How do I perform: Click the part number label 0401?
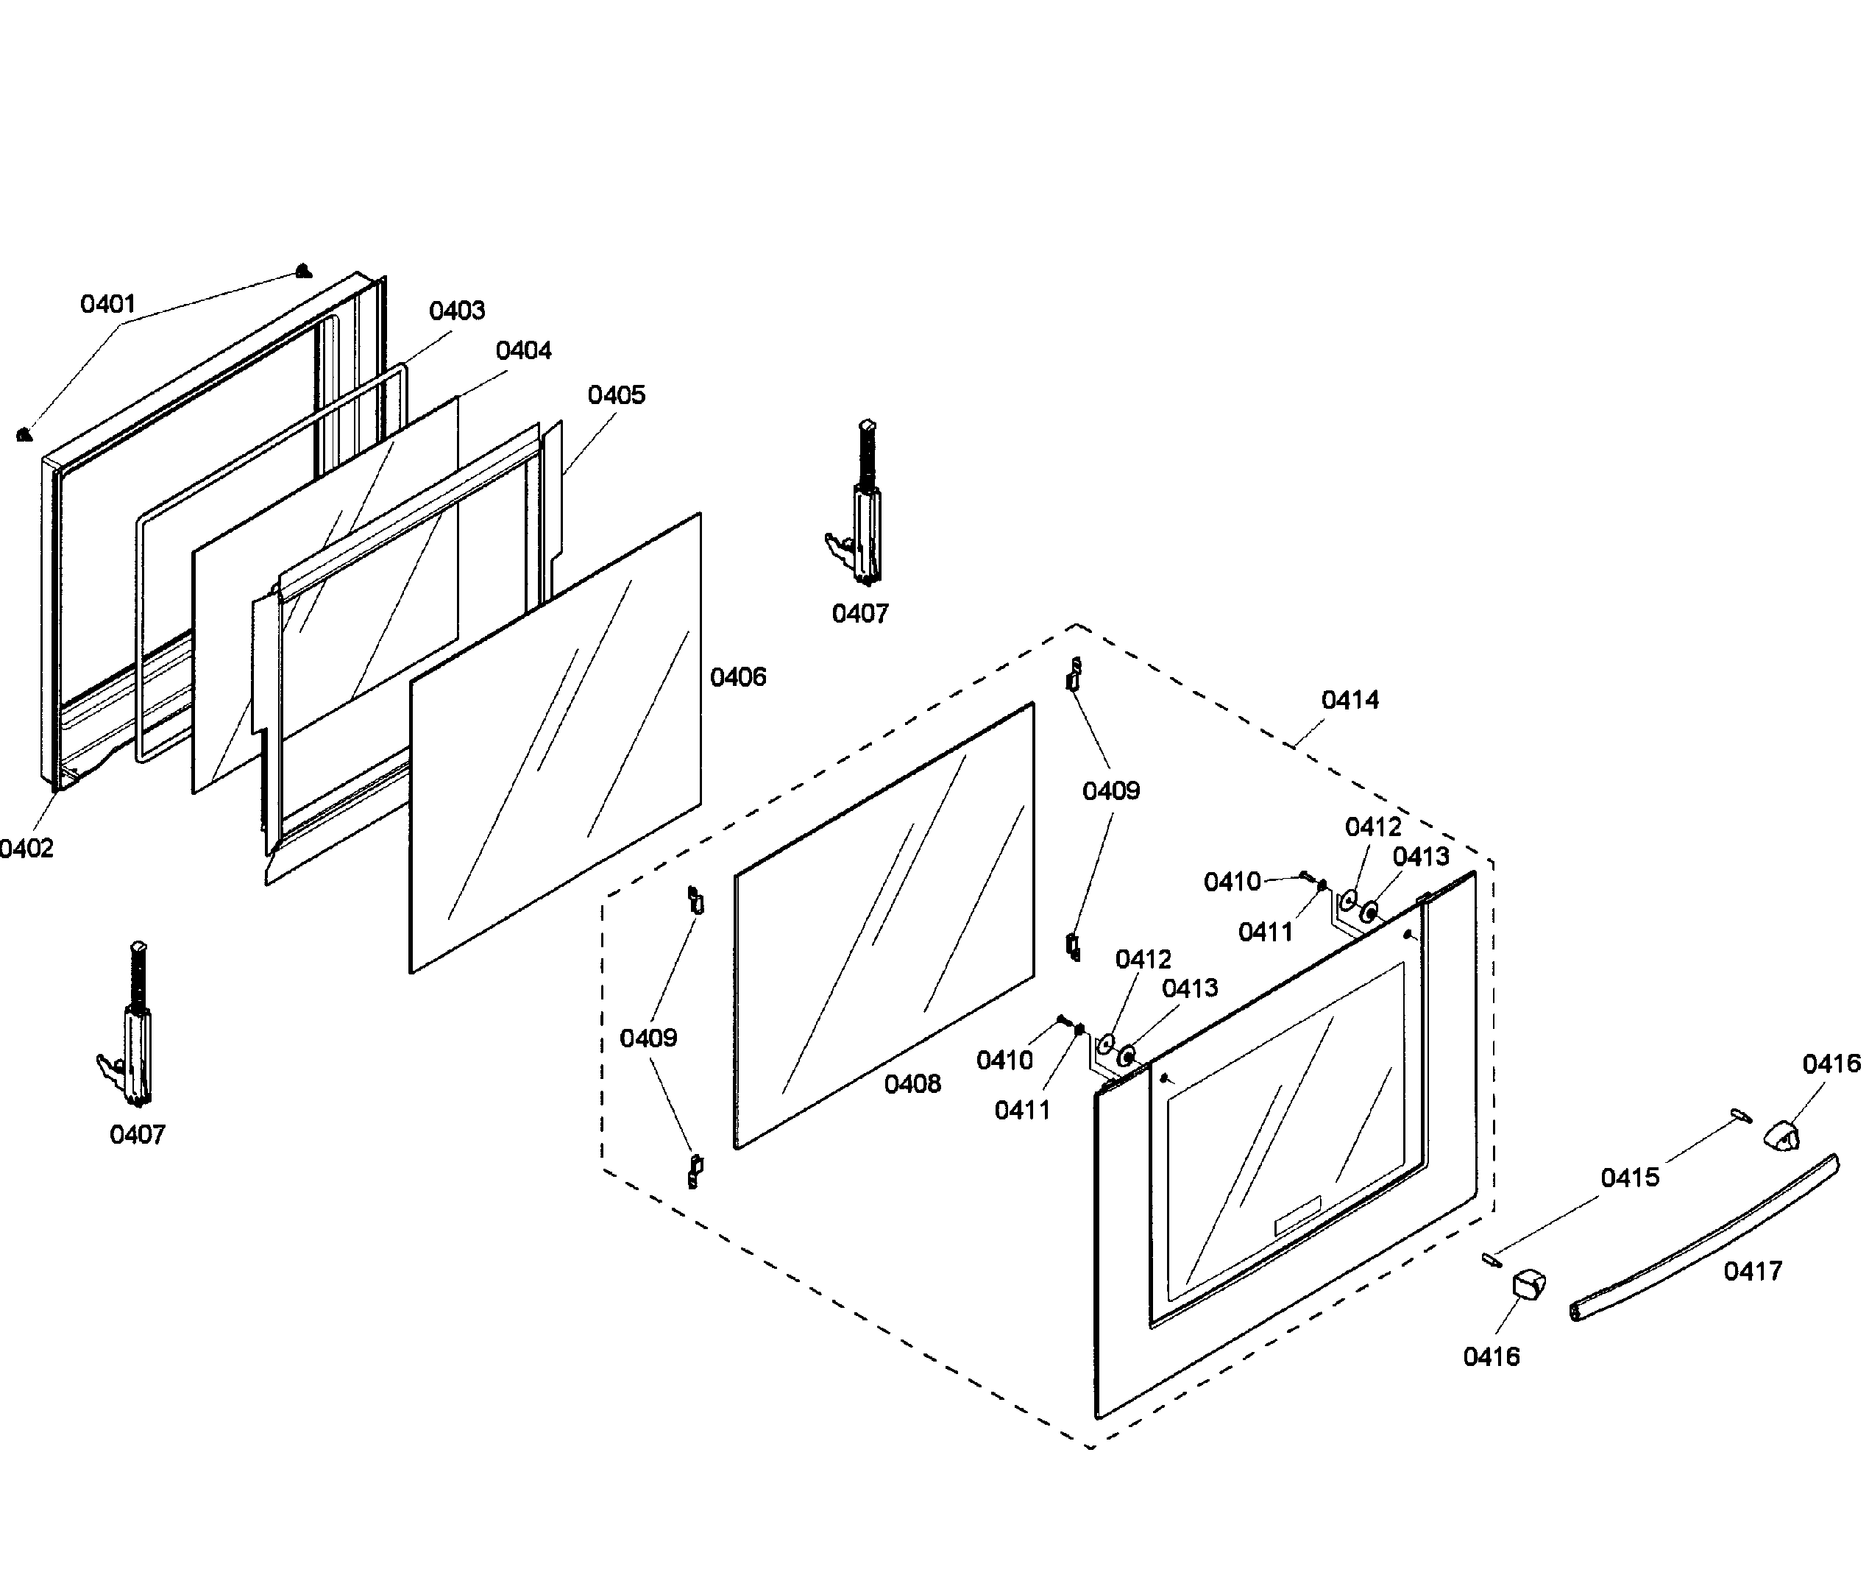(x=107, y=305)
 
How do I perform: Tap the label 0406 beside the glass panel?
(x=737, y=678)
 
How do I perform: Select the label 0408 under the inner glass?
(x=912, y=1084)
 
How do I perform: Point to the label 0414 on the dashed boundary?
(x=1350, y=700)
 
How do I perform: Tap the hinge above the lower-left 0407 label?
(x=132, y=1027)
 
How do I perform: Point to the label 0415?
(x=1630, y=1178)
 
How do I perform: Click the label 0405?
(x=616, y=395)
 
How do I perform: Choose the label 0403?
(x=456, y=311)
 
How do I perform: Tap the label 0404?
(x=523, y=351)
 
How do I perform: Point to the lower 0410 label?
(x=1004, y=1061)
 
